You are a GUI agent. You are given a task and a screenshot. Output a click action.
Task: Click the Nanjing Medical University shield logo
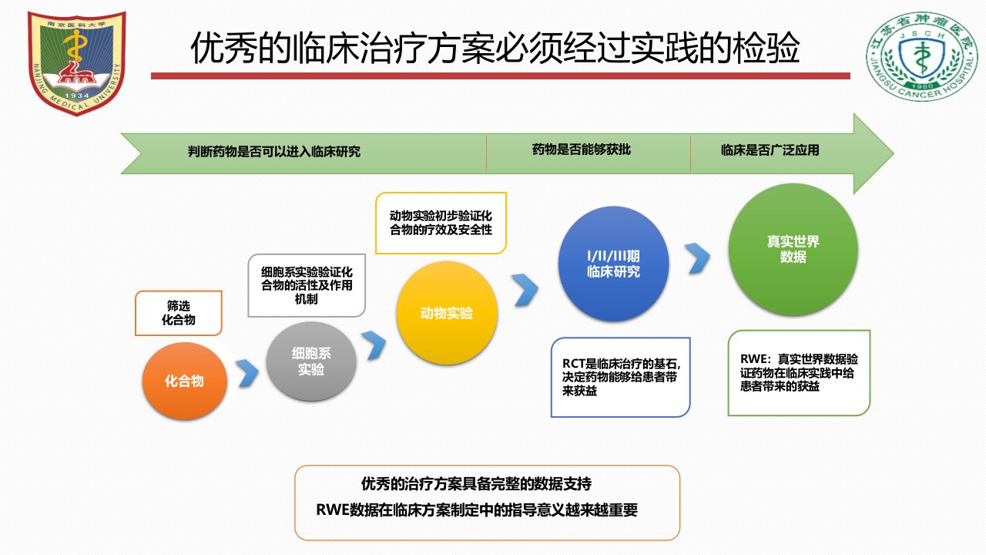point(76,63)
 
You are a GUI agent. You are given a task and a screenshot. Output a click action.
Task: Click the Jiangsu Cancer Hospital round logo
point(922,56)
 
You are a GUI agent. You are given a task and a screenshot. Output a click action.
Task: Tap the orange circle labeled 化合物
point(184,381)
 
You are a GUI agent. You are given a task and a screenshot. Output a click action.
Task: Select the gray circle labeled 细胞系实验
point(311,362)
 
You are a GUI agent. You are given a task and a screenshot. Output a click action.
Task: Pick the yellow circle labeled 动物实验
point(447,313)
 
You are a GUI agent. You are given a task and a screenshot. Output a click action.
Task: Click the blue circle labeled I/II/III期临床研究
point(614,264)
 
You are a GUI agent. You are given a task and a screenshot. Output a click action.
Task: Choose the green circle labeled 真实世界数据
point(793,249)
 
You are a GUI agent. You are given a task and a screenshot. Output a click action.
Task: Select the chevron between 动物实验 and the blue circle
point(525,290)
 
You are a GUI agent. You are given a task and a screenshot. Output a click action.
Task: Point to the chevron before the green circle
point(698,258)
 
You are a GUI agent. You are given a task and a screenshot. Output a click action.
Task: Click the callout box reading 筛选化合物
point(178,313)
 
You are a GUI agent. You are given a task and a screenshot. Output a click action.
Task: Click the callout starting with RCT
point(621,377)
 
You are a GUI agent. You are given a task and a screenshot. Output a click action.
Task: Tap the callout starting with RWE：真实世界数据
point(799,372)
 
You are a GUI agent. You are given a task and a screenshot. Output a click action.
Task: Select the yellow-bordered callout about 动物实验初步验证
point(441,223)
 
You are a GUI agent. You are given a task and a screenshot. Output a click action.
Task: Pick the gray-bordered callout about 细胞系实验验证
point(307,285)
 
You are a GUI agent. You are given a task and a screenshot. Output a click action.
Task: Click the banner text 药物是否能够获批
point(582,150)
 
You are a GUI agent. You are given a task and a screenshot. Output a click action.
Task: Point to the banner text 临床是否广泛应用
point(770,150)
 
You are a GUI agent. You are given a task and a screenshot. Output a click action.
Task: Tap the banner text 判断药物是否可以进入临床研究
point(273,152)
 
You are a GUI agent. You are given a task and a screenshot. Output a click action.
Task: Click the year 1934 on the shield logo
point(76,96)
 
